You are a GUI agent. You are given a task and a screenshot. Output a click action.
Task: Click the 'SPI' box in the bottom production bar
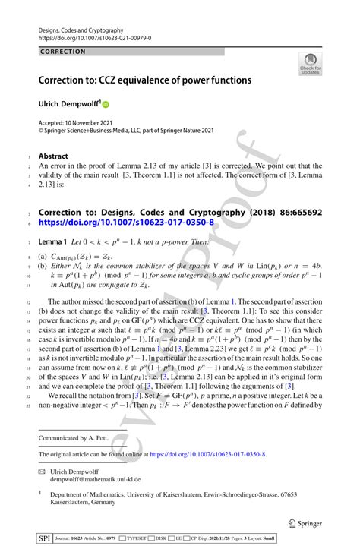45,538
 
